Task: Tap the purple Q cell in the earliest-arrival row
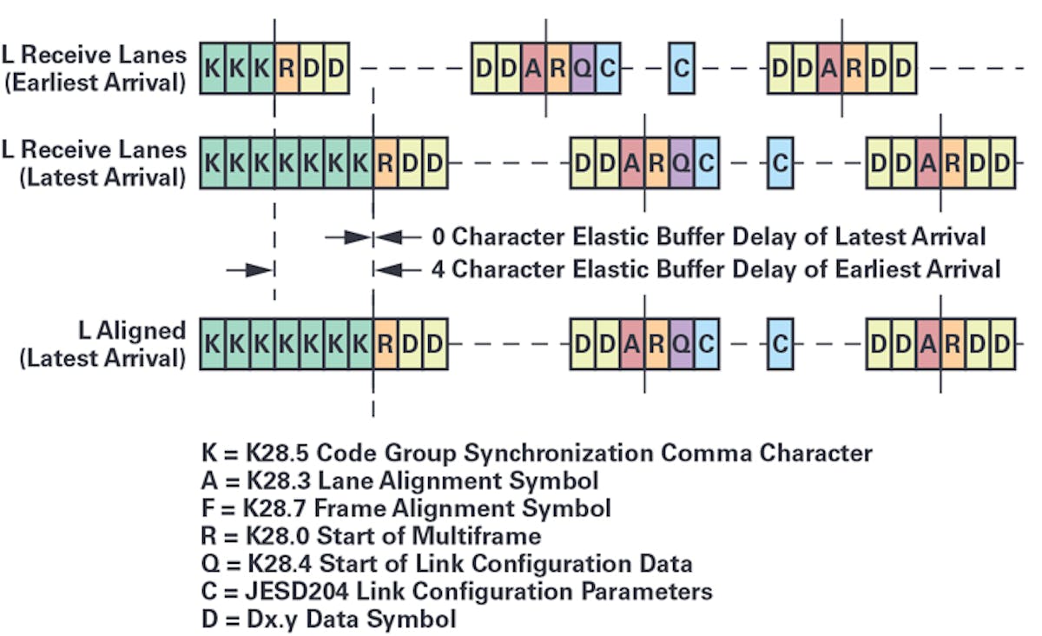584,67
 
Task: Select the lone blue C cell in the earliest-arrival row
682,67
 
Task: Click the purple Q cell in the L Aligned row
682,344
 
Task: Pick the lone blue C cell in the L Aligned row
781,344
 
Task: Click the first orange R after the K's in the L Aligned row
386,344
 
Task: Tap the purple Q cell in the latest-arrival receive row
682,162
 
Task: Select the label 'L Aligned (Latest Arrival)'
104,344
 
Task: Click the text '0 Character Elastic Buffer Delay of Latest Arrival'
709,236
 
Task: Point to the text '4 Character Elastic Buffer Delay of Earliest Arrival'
716,269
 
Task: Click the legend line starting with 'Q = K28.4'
445,564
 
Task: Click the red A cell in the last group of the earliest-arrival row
828,67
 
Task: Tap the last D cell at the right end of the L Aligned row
1003,344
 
